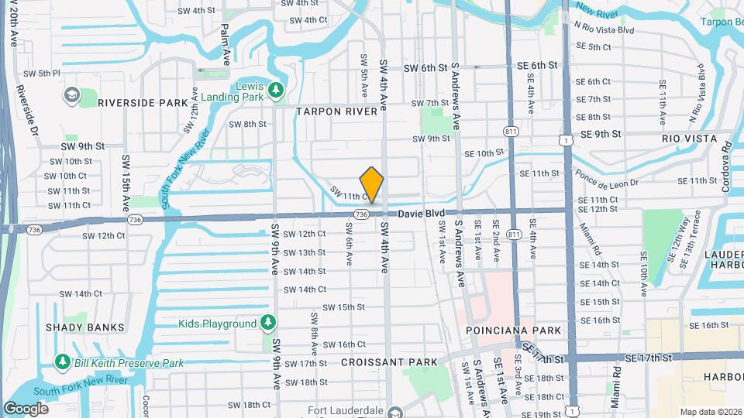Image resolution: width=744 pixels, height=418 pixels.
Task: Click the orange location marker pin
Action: tap(372, 184)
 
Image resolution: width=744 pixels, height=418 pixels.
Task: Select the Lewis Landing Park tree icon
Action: tap(275, 92)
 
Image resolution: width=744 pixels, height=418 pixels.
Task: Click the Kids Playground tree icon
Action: tap(268, 321)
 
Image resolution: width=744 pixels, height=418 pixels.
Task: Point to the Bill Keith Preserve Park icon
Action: tap(62, 362)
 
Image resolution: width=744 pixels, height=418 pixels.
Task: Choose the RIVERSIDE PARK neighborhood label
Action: tap(143, 102)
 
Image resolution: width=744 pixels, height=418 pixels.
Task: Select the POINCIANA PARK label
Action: tap(513, 331)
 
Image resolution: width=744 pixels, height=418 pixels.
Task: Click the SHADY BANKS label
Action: tap(85, 327)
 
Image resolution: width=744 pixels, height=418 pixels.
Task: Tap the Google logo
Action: tap(26, 408)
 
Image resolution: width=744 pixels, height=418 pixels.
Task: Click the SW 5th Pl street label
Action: tap(42, 74)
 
